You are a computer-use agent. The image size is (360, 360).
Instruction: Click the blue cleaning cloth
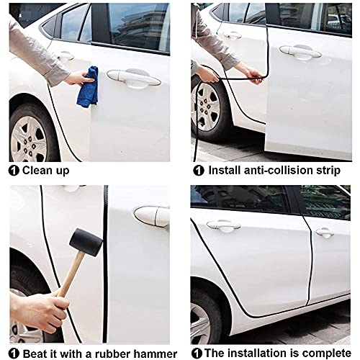pos(88,87)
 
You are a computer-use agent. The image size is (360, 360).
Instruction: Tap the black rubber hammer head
pos(86,242)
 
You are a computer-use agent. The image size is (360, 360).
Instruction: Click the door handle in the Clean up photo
pos(134,78)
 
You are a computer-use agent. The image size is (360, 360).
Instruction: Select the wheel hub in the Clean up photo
pos(28,139)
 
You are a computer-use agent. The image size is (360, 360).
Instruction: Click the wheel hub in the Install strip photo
pos(205,107)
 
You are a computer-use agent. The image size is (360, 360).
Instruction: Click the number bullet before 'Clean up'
pos(14,171)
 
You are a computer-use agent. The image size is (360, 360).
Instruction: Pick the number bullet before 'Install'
pos(199,171)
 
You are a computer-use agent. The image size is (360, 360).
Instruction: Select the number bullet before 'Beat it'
pos(14,354)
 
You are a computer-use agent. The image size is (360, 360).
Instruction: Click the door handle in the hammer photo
pos(152,217)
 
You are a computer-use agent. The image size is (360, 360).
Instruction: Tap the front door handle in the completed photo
pos(325,233)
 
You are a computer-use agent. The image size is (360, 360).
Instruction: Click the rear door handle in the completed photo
pos(223,226)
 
